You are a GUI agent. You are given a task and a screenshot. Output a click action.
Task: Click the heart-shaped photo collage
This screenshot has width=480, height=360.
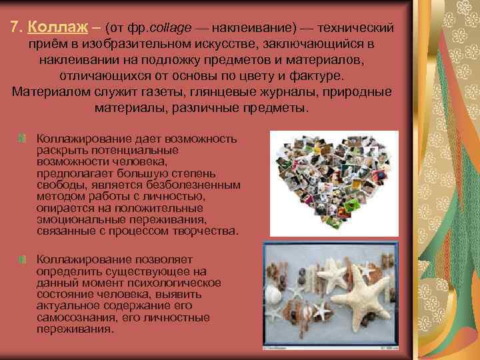tap(333, 180)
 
